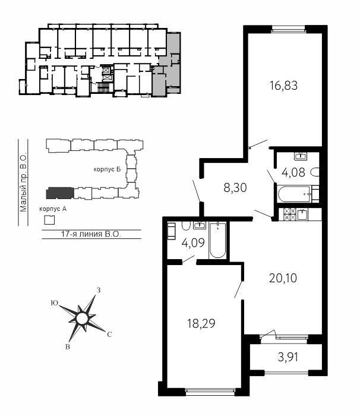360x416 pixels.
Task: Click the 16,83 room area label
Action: (x=283, y=86)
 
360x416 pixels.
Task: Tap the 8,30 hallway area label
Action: (x=235, y=188)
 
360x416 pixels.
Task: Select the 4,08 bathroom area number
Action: (x=293, y=172)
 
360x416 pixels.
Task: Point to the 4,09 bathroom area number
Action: (x=193, y=242)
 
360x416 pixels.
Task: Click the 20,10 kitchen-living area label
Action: (x=283, y=278)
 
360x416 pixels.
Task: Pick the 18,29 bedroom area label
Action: (x=201, y=323)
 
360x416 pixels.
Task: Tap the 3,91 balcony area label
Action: (x=288, y=357)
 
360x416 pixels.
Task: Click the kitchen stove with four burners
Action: (x=289, y=215)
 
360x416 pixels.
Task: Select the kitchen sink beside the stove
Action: (x=302, y=214)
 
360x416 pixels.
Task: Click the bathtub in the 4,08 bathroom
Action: (x=294, y=194)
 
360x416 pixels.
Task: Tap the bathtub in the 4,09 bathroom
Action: (x=217, y=241)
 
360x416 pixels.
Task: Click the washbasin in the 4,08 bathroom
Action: (x=301, y=156)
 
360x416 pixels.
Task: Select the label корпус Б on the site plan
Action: (x=107, y=169)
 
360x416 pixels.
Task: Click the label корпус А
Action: (x=53, y=209)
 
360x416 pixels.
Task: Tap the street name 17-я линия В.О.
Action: (x=91, y=234)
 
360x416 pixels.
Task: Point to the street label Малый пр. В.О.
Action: (x=23, y=182)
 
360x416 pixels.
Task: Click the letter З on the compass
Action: (x=99, y=290)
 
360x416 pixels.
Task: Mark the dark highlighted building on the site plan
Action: (x=59, y=193)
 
